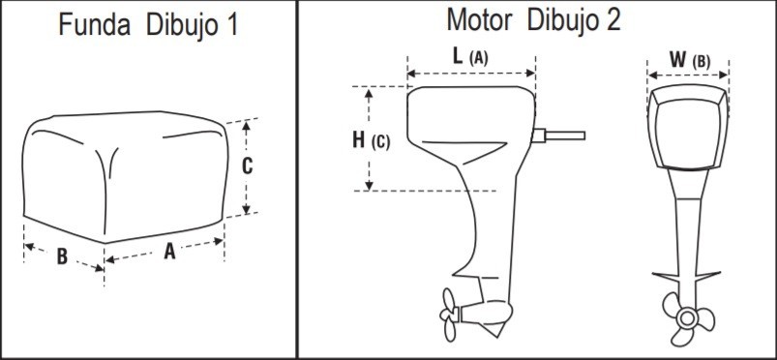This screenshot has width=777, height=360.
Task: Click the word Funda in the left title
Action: pyautogui.click(x=94, y=24)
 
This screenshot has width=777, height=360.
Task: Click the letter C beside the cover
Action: pyautogui.click(x=248, y=166)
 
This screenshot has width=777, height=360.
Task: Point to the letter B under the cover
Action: pyautogui.click(x=62, y=256)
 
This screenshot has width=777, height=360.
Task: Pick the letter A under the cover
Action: pyautogui.click(x=169, y=251)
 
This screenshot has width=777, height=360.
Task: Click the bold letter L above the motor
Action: pyautogui.click(x=459, y=56)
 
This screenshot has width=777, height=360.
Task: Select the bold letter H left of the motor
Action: pyautogui.click(x=358, y=140)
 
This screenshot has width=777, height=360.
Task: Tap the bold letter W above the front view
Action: pyautogui.click(x=678, y=59)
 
